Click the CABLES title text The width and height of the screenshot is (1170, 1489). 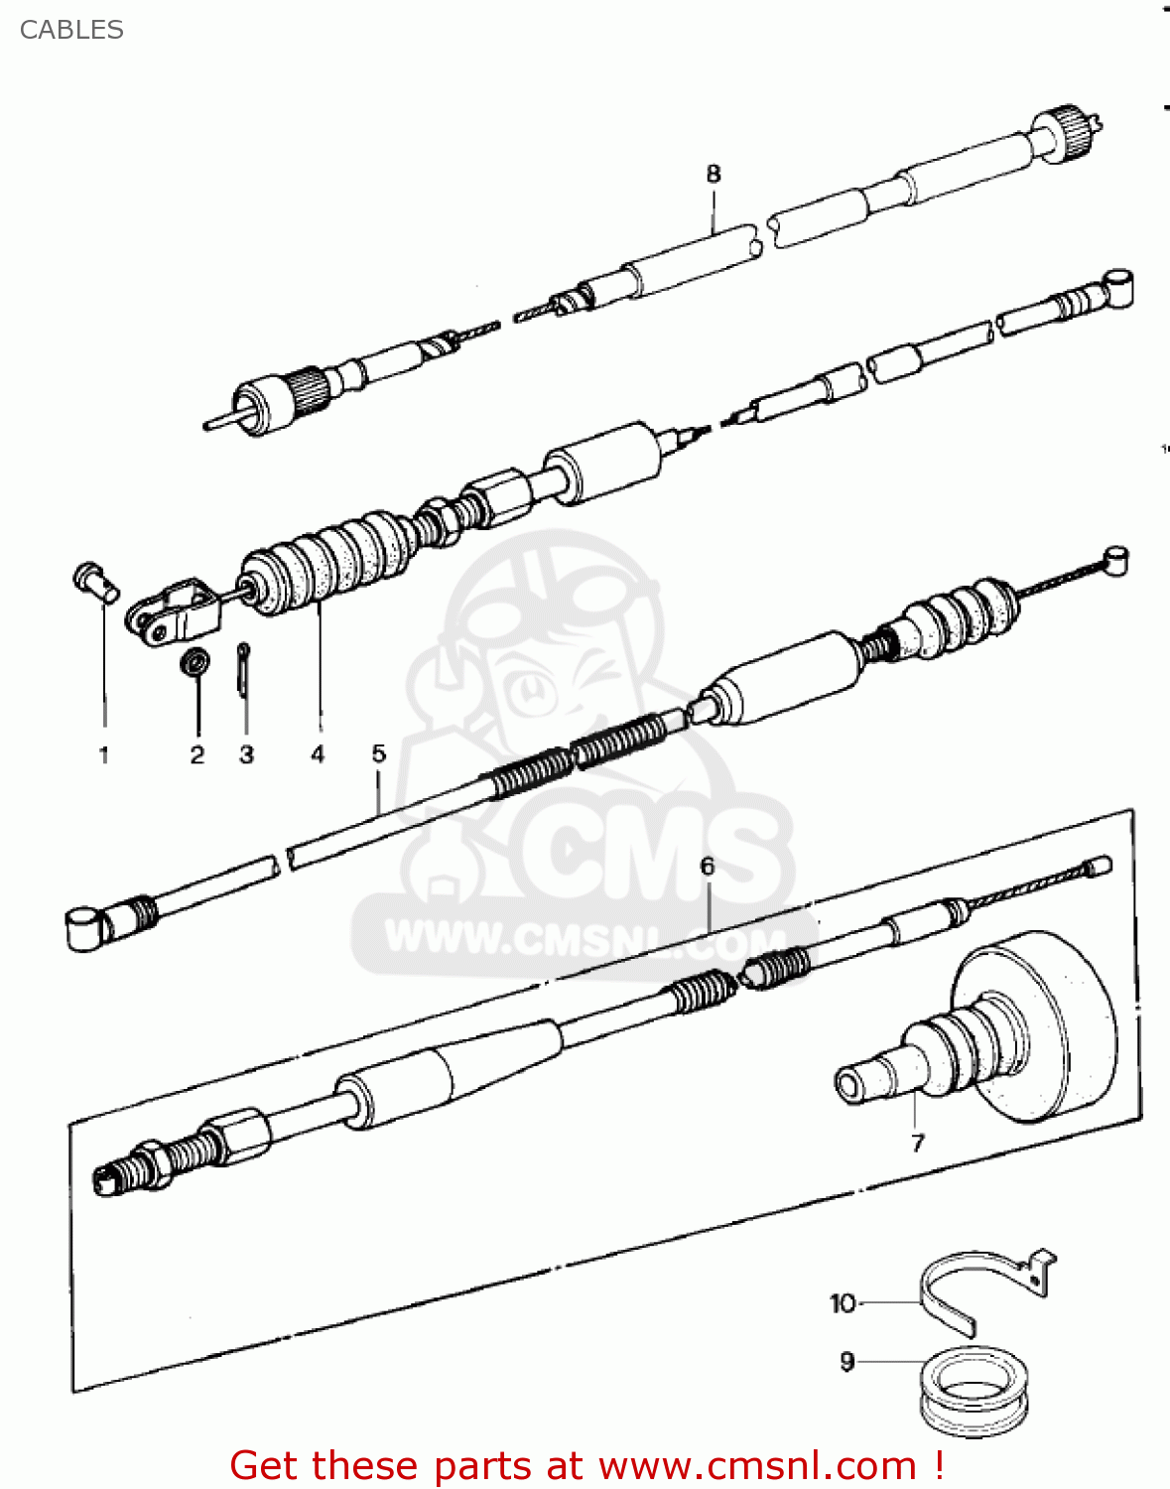click(71, 30)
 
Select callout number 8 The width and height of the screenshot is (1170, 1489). click(714, 175)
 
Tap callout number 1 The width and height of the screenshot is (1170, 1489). click(104, 755)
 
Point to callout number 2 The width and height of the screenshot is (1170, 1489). click(197, 755)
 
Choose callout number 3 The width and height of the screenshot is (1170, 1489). click(247, 755)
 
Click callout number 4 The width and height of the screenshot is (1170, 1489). click(318, 754)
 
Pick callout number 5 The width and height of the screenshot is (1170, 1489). click(379, 753)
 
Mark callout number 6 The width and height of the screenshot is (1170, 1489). click(708, 867)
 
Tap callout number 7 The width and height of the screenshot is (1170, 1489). click(917, 1143)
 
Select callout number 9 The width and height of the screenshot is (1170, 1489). click(846, 1362)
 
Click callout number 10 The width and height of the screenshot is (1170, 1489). click(843, 1303)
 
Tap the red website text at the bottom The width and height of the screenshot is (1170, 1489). click(586, 1465)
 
